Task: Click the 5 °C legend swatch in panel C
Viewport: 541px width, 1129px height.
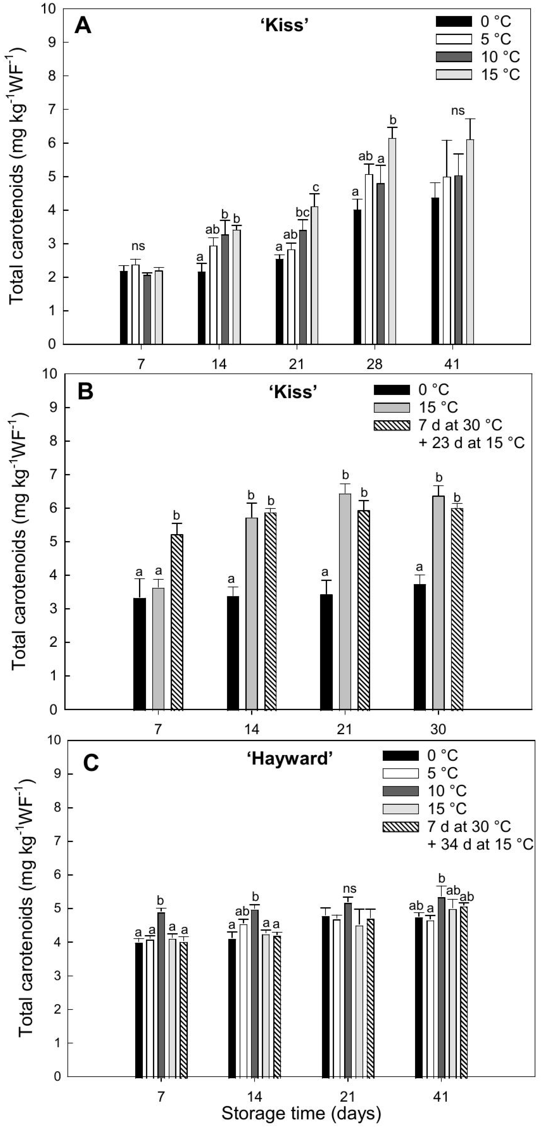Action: click(x=400, y=773)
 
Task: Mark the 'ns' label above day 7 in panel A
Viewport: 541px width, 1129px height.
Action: click(x=138, y=246)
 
